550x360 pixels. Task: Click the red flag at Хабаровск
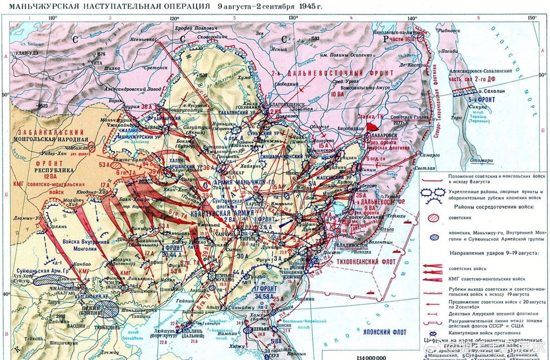click(x=371, y=127)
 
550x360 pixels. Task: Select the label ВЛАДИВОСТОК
click(x=352, y=246)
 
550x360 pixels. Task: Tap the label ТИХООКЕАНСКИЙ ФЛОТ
click(x=365, y=262)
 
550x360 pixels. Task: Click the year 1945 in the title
click(x=307, y=6)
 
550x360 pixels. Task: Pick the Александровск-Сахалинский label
click(x=480, y=71)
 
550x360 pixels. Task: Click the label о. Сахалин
click(x=491, y=91)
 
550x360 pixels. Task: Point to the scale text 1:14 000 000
click(x=371, y=357)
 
